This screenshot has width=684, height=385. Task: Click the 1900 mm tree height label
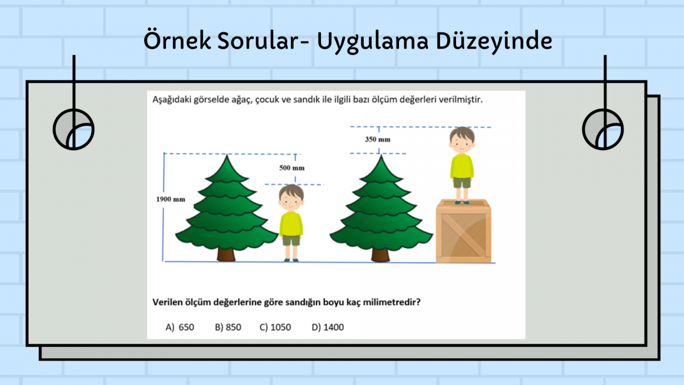(x=170, y=199)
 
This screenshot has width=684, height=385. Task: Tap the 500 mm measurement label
(x=292, y=168)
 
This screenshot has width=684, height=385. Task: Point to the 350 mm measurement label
(x=378, y=139)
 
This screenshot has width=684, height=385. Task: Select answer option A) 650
(x=180, y=327)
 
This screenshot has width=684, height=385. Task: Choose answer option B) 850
(x=228, y=327)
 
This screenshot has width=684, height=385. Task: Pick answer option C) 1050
(x=275, y=327)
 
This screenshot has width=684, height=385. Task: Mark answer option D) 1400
(x=328, y=327)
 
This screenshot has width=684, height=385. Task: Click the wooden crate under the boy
(x=463, y=231)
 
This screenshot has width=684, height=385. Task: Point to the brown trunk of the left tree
(x=226, y=254)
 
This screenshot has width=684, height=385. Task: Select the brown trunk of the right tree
(x=381, y=255)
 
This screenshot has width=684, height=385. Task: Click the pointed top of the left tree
(x=227, y=155)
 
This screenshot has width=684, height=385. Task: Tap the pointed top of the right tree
(x=381, y=155)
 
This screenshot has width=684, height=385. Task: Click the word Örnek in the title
(x=177, y=40)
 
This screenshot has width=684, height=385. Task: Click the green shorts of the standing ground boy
(x=291, y=241)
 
